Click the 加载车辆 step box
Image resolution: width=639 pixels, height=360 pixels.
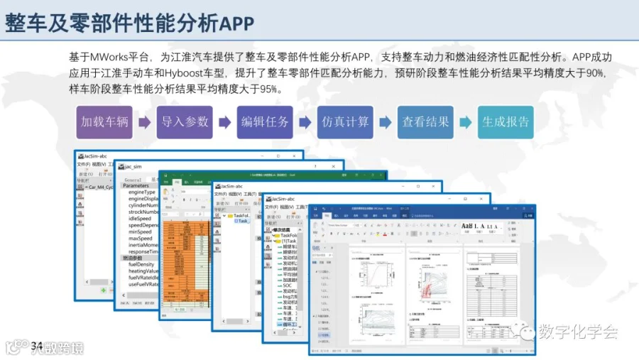[104, 121]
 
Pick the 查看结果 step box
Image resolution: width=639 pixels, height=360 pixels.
[425, 121]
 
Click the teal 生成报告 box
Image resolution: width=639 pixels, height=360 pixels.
[506, 121]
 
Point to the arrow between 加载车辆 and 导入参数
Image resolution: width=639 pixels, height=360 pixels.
[144, 122]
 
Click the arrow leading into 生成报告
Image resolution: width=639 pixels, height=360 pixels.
[465, 122]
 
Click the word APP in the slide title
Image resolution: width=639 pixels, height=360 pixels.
[237, 23]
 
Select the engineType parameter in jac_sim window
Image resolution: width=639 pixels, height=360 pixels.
[142, 192]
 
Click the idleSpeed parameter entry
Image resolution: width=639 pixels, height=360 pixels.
[141, 218]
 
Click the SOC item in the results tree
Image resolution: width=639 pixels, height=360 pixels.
[287, 285]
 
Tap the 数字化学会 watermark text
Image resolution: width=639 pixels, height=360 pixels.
[579, 332]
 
